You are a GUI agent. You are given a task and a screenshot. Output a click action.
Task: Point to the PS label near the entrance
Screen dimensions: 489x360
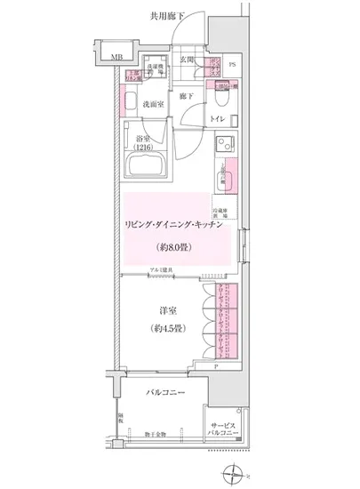click(232, 65)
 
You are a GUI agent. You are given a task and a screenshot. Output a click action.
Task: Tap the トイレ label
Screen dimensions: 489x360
click(217, 116)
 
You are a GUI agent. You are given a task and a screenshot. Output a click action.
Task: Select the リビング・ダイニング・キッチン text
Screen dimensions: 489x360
click(172, 228)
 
